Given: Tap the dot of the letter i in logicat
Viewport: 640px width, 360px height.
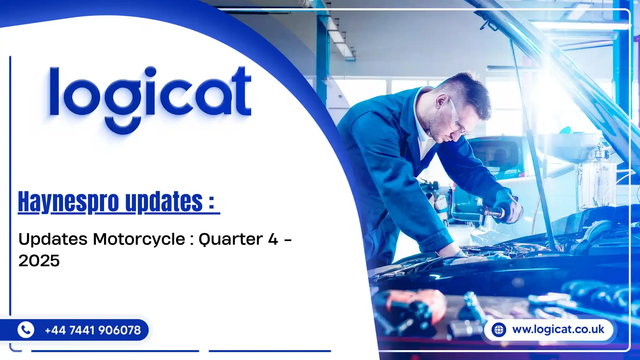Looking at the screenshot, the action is (x=151, y=72).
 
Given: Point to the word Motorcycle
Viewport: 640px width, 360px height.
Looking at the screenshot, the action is (x=139, y=239).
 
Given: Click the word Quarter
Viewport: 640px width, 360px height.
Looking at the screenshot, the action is (x=231, y=240).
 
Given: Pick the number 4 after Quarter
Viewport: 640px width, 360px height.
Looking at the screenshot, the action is (x=273, y=239).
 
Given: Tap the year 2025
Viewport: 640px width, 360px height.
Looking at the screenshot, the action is (x=39, y=261).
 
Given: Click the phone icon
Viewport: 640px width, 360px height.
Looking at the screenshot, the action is (x=26, y=330).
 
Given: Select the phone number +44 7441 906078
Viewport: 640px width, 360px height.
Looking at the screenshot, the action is (x=93, y=330).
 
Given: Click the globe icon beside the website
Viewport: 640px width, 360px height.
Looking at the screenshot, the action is (x=499, y=330).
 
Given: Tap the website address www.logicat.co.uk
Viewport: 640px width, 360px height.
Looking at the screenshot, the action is (x=558, y=329).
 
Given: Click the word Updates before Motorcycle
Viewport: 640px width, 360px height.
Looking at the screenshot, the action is (x=53, y=239).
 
